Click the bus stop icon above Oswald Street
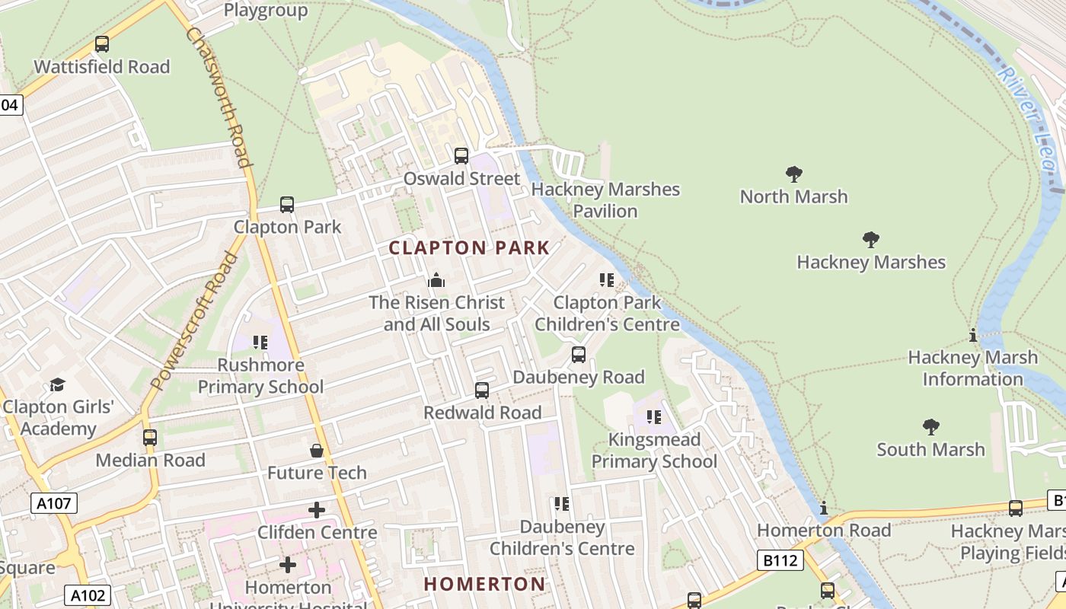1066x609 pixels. (x=461, y=156)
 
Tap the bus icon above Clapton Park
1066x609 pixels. (x=286, y=205)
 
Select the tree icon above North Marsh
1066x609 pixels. (x=793, y=174)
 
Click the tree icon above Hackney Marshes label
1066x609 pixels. (x=870, y=241)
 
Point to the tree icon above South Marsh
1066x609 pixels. (x=930, y=427)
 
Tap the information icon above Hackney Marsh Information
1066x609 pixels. (x=972, y=335)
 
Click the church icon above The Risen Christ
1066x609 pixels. (x=436, y=280)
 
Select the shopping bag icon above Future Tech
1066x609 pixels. (x=317, y=451)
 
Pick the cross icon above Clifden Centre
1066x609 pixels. (x=317, y=510)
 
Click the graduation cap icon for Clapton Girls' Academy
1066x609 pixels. (x=57, y=384)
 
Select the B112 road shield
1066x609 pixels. (x=781, y=561)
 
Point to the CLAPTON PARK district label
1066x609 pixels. (x=469, y=247)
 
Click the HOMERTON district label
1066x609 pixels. (x=484, y=584)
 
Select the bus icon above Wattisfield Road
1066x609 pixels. (x=101, y=44)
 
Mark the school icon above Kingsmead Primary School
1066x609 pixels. (x=653, y=417)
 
